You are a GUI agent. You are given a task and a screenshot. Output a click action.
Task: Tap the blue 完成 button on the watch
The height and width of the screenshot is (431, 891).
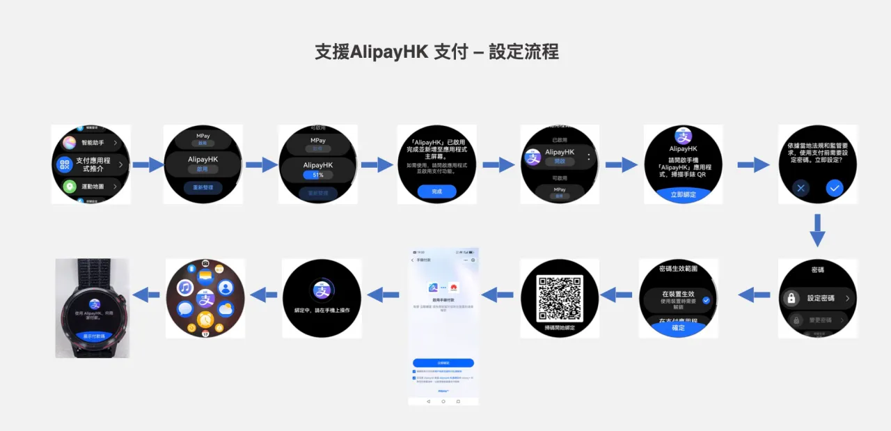436,191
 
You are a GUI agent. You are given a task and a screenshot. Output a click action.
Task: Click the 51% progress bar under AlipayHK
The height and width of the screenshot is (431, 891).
317,175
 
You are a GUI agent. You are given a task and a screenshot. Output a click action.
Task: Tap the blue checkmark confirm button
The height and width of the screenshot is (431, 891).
835,187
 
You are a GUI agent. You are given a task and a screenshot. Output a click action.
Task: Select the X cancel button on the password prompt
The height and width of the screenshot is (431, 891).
801,187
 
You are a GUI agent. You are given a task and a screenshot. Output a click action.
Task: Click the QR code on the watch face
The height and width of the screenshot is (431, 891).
560,298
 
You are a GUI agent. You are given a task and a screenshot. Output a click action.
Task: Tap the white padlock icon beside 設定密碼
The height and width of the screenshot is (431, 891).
791,298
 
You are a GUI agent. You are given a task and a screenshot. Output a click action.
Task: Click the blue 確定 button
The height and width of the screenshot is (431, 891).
678,327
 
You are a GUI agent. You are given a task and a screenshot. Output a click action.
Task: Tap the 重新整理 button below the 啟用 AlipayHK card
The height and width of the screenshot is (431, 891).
203,188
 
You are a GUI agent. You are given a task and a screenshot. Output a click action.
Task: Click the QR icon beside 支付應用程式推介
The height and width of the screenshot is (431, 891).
65,164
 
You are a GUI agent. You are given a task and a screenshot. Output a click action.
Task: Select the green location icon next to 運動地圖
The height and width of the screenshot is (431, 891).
70,187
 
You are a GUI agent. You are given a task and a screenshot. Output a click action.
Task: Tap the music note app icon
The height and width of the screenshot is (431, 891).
184,288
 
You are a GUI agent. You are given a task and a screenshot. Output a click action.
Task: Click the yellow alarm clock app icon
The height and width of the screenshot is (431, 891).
205,319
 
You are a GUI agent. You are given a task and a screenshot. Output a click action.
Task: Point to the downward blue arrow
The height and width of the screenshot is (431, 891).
817,230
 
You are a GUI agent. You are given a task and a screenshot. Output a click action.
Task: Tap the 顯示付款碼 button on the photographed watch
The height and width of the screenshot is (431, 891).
93,335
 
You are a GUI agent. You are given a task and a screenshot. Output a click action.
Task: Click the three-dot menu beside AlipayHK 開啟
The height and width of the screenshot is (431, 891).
589,157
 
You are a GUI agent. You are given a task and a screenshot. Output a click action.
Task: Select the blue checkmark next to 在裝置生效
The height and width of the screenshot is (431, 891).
706,300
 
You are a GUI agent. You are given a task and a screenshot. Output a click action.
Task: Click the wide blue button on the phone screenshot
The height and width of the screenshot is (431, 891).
443,363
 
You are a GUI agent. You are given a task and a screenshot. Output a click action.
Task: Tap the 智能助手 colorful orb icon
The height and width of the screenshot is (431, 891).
69,143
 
